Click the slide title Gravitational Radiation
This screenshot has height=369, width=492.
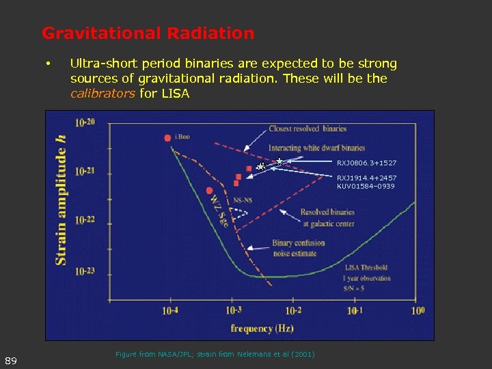click(148, 33)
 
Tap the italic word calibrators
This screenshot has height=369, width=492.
click(102, 94)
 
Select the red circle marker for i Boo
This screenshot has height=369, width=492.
click(167, 138)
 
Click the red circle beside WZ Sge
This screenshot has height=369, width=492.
click(209, 191)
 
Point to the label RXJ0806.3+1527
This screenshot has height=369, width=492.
click(366, 163)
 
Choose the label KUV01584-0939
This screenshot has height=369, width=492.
click(365, 186)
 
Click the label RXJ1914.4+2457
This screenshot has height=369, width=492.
click(366, 178)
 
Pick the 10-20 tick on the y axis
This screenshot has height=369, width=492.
click(85, 123)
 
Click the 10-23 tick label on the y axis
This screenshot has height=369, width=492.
click(85, 271)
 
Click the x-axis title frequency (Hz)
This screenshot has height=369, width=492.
click(262, 329)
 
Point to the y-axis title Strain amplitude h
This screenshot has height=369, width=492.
click(61, 198)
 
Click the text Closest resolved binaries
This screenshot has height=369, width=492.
click(307, 128)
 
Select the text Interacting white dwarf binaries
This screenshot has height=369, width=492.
click(316, 148)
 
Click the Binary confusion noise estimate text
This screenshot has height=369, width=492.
click(298, 248)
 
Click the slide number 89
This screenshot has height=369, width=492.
click(10, 360)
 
